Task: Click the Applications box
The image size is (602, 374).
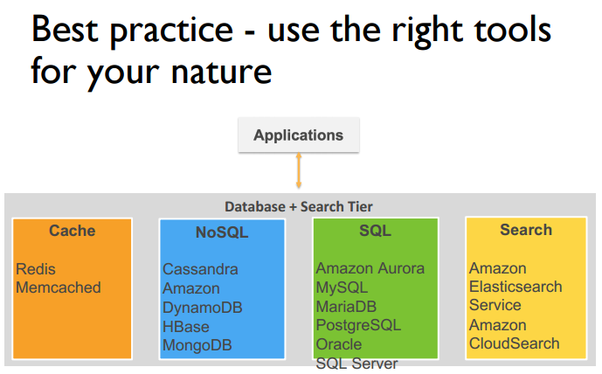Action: pos(298,135)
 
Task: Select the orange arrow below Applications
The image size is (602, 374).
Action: pos(299,171)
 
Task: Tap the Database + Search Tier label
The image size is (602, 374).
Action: pos(299,206)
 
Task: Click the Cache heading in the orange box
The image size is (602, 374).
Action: pos(73,231)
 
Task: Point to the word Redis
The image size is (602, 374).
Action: pos(36,269)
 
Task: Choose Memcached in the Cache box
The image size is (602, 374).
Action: pos(59,287)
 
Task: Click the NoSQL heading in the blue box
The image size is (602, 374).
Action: pos(222,232)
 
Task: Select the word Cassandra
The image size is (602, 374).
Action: pos(200,269)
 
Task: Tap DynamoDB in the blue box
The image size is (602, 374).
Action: pos(203,308)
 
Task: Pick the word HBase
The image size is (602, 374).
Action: pos(186,326)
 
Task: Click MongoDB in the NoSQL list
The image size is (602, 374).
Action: pos(198,345)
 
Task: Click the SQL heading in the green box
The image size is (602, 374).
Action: pos(375,231)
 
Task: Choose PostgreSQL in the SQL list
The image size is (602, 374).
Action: pos(358,325)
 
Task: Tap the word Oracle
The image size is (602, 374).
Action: pos(339,344)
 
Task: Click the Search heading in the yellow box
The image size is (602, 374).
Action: pos(525,230)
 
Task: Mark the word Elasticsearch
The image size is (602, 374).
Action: pos(516,287)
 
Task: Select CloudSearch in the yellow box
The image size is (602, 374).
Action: pos(514,343)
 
